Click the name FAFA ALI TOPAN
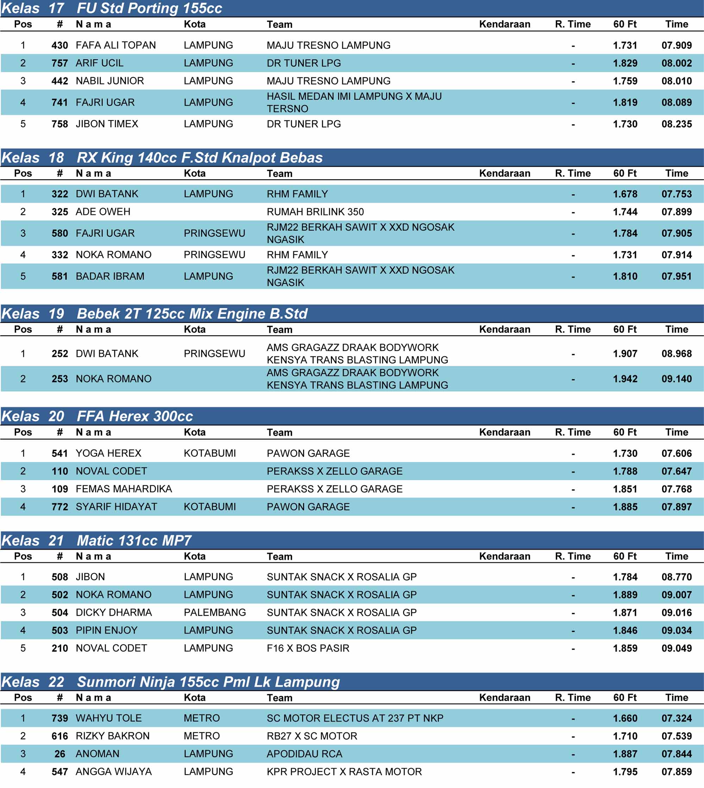tap(116, 45)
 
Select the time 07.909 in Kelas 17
tap(676, 45)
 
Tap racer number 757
tap(59, 63)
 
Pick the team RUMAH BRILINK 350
tap(315, 212)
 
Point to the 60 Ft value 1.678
tap(625, 194)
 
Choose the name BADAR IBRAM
tap(110, 276)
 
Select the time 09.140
tap(676, 379)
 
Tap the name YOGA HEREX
tap(108, 453)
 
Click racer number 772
tap(59, 507)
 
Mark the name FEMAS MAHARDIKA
tap(124, 489)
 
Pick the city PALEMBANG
tap(215, 612)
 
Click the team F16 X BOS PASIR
tap(308, 648)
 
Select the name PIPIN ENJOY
tap(106, 630)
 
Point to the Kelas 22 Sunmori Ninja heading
tap(170, 682)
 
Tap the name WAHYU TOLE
tap(109, 718)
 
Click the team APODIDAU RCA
tap(304, 753)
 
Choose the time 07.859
tap(676, 772)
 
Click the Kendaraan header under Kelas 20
tap(504, 432)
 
